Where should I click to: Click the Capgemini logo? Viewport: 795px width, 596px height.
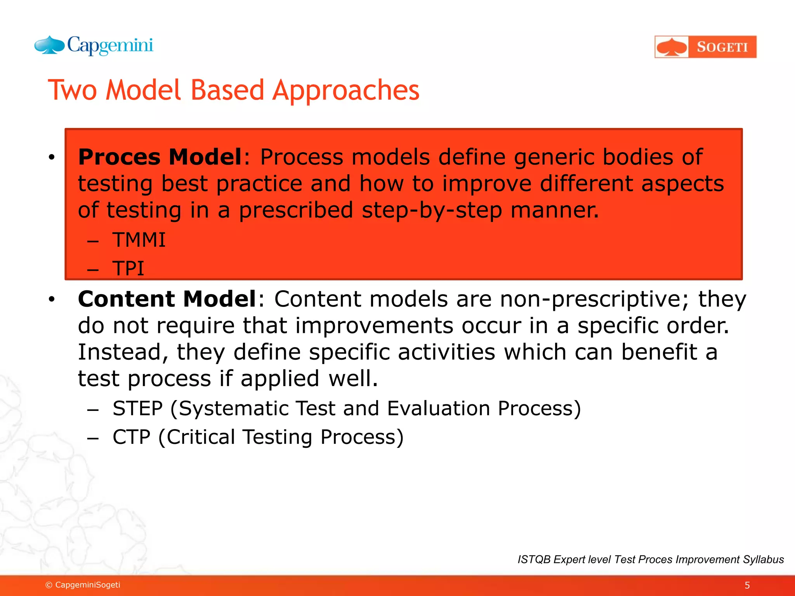94,46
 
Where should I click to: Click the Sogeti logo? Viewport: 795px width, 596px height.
705,47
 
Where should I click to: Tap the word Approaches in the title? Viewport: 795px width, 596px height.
345,90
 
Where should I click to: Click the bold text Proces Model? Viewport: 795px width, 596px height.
160,157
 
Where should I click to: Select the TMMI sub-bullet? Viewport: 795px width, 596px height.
139,240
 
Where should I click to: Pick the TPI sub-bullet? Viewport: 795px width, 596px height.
128,269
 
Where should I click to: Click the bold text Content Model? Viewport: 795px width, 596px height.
167,299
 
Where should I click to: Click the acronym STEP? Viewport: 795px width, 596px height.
137,409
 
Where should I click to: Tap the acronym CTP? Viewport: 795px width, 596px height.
131,437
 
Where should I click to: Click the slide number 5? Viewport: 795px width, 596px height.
747,585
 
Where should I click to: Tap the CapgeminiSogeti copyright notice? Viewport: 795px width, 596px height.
83,585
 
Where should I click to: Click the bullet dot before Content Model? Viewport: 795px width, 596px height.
52,300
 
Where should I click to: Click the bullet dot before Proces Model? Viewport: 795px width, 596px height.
52,158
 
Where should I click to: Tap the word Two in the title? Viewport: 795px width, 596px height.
72,90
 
